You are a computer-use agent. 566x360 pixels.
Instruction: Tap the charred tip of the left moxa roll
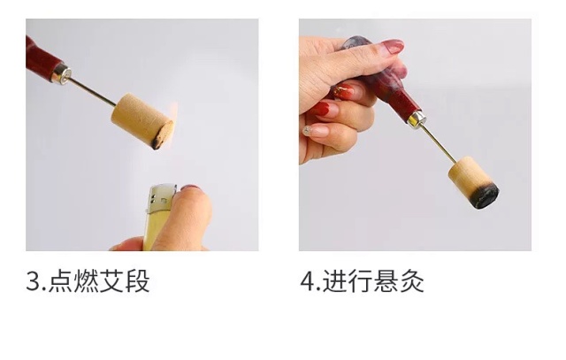click(x=163, y=135)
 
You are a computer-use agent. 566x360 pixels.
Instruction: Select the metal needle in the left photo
click(x=92, y=92)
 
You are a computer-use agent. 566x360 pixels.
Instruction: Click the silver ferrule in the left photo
click(x=61, y=74)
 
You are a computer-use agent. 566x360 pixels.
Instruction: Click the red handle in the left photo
click(x=41, y=57)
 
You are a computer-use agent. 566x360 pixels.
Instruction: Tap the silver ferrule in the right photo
click(x=416, y=119)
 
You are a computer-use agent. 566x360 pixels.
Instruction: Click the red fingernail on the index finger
click(x=393, y=46)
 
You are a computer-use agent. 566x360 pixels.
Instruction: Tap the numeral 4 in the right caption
click(x=308, y=281)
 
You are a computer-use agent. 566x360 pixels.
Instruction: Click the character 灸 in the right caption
click(x=411, y=280)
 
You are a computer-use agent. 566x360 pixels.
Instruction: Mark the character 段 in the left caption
click(x=137, y=280)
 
